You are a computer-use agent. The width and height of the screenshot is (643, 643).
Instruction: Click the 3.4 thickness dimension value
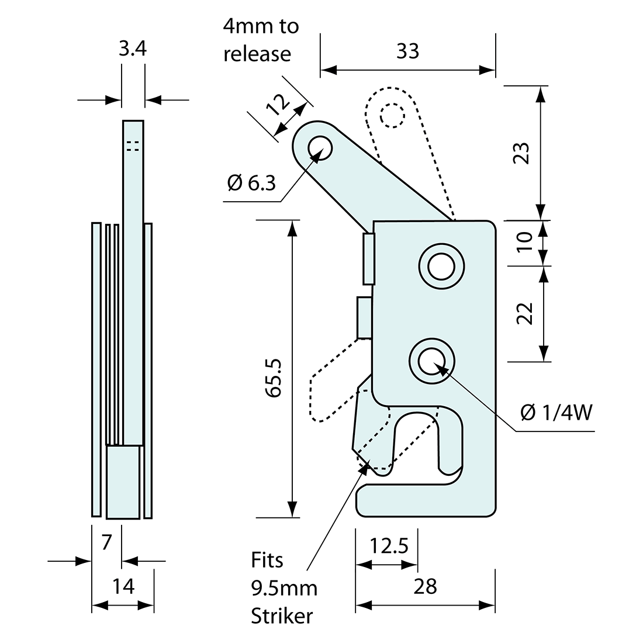(132, 49)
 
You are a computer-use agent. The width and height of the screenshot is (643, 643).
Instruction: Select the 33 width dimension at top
(407, 51)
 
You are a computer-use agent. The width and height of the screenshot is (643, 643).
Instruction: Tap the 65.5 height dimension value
(274, 378)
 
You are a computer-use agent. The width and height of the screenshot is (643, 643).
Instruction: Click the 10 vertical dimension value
(524, 241)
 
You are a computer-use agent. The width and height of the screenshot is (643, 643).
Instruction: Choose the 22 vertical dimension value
(524, 313)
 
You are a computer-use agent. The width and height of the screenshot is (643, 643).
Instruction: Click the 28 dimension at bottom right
(425, 586)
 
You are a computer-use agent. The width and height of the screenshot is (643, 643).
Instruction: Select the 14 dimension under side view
(123, 586)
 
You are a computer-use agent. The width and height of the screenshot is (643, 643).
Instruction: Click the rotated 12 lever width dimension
(279, 105)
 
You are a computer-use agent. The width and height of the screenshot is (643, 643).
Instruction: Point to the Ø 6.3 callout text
(251, 184)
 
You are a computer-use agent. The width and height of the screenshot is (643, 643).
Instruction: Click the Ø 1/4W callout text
(556, 413)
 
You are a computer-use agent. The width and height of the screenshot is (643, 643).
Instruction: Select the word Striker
(282, 616)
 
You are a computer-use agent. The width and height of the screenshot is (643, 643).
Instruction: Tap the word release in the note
(257, 54)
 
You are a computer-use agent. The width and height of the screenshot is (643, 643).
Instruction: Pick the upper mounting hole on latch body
(441, 266)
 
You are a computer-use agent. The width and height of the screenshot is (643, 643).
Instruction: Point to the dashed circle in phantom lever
(391, 115)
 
